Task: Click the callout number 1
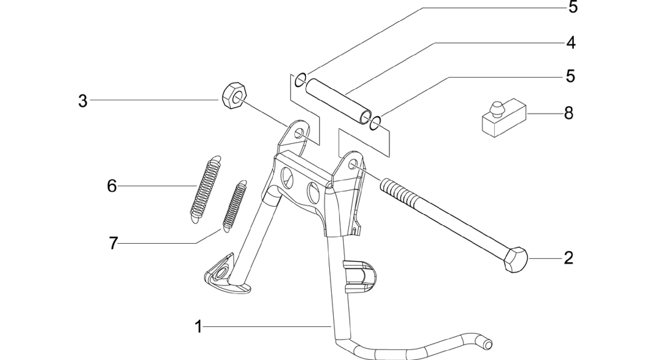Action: (x=198, y=327)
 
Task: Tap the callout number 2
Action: (x=568, y=258)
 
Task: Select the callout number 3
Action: (x=83, y=101)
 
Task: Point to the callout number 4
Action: (x=571, y=42)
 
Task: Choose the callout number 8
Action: (x=568, y=113)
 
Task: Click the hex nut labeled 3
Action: (x=234, y=96)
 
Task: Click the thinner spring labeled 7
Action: (x=234, y=206)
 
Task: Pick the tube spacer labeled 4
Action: (x=338, y=101)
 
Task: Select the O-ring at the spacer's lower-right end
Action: (x=375, y=123)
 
